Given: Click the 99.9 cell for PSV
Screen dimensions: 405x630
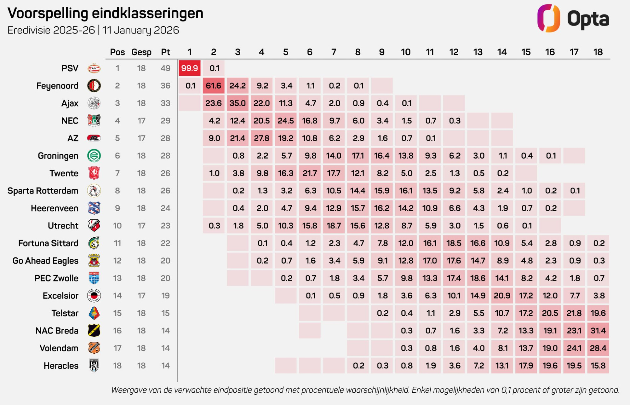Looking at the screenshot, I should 189,68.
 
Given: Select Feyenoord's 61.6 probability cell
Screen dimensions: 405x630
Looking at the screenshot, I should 214,86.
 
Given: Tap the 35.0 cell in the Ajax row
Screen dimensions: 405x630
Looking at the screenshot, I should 238,103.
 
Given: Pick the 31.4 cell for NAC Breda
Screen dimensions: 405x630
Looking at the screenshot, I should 598,331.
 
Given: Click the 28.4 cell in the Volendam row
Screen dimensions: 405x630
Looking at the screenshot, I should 598,348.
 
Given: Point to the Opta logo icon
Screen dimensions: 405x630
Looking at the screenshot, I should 548,18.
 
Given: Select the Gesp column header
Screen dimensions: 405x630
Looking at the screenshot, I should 141,52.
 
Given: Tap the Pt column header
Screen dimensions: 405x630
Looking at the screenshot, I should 165,52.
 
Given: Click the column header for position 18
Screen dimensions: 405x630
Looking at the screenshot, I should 598,52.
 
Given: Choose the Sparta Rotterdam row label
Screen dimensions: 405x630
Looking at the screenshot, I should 43,191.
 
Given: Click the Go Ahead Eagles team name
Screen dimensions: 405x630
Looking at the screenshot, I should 45,261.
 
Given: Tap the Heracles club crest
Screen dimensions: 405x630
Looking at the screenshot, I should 94,366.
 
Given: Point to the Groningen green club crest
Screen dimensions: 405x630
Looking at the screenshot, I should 94,156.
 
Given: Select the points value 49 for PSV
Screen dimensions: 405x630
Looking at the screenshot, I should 165,68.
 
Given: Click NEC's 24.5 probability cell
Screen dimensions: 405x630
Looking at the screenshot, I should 286,121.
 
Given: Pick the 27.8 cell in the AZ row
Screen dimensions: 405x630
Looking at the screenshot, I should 262,138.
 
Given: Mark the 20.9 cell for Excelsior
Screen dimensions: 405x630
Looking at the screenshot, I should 502,296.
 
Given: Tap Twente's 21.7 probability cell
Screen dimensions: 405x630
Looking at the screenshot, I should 310,173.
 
